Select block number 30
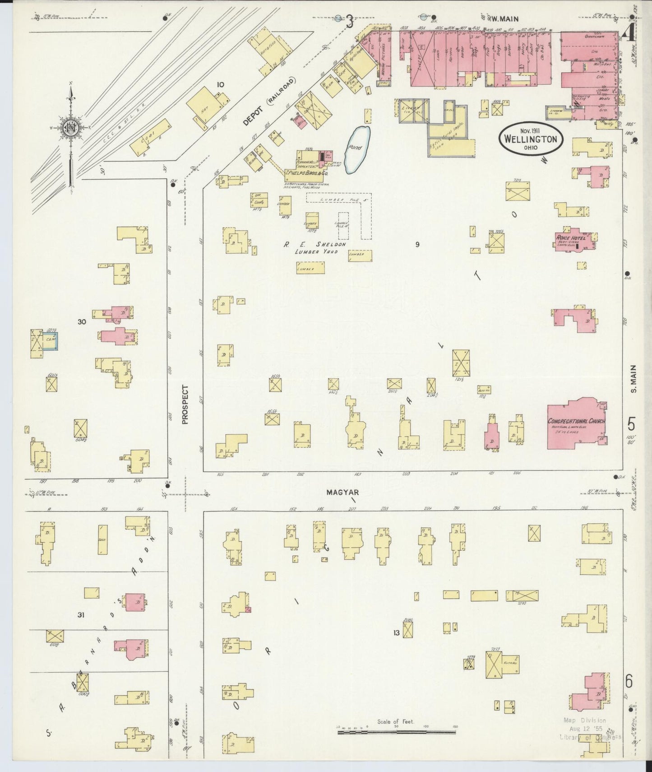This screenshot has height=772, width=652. tap(82, 322)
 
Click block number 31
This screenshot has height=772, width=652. tap(81, 614)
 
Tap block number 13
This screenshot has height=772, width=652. tap(396, 633)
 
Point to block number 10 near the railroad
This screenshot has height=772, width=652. tap(220, 84)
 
